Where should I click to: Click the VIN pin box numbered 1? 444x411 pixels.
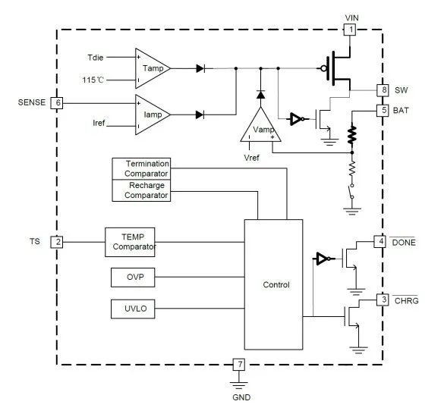pyautogui.click(x=350, y=30)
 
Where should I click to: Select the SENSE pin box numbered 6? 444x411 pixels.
pyautogui.click(x=57, y=102)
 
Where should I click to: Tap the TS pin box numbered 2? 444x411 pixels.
pyautogui.click(x=57, y=242)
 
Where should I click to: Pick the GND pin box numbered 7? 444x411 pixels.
pyautogui.click(x=239, y=364)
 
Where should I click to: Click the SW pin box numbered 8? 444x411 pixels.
pyautogui.click(x=383, y=90)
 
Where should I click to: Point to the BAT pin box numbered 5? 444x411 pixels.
pyautogui.click(x=383, y=110)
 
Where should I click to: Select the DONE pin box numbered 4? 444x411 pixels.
pyautogui.click(x=379, y=242)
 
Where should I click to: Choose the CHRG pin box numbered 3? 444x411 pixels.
pyautogui.click(x=383, y=300)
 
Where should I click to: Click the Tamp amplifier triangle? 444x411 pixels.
pyautogui.click(x=153, y=68)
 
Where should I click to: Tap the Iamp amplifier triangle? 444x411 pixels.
pyautogui.click(x=153, y=115)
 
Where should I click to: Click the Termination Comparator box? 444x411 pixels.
pyautogui.click(x=141, y=168)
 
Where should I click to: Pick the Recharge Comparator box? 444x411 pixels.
pyautogui.click(x=141, y=190)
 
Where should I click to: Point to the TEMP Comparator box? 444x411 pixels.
pyautogui.click(x=130, y=242)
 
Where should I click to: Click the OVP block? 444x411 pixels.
pyautogui.click(x=133, y=278)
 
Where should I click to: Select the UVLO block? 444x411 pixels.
pyautogui.click(x=133, y=309)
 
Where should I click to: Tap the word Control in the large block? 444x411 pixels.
pyautogui.click(x=276, y=284)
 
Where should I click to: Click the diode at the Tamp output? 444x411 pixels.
pyautogui.click(x=200, y=68)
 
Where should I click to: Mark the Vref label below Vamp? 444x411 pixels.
pyautogui.click(x=251, y=158)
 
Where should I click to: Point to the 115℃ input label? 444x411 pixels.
pyautogui.click(x=93, y=80)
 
